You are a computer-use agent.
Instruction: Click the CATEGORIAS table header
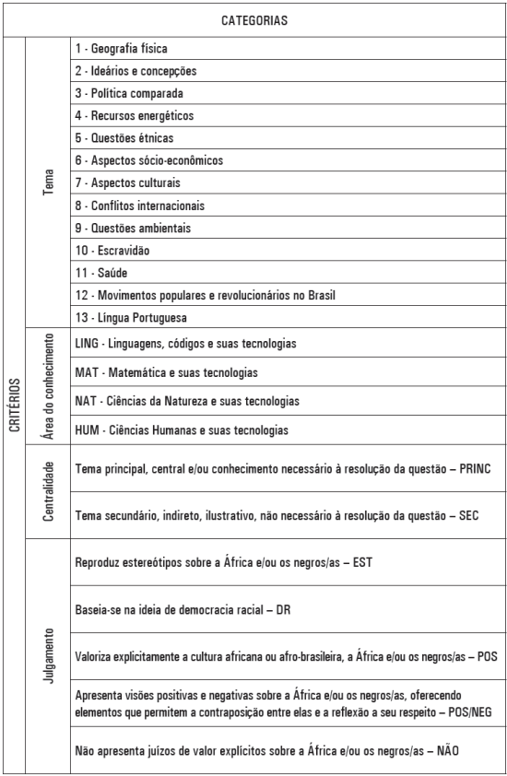tap(253, 19)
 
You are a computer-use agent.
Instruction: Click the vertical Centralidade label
tap(48, 491)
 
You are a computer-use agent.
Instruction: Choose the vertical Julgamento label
tap(48, 654)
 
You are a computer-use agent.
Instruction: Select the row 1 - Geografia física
tap(123, 48)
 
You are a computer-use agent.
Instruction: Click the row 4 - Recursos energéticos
tap(135, 115)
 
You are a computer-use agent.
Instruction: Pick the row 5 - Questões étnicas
tap(124, 138)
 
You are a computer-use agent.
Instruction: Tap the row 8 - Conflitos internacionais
tap(140, 206)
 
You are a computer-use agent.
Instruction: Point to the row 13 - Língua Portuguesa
tap(132, 318)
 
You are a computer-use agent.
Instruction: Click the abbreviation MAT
tap(86, 373)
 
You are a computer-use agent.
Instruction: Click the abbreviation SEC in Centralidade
tap(468, 514)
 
